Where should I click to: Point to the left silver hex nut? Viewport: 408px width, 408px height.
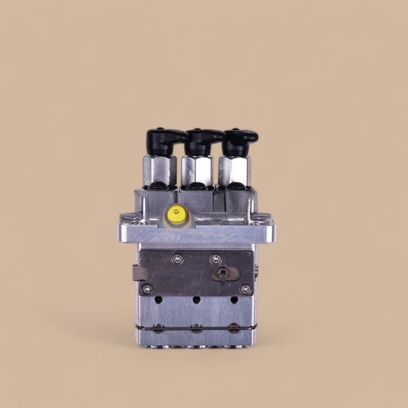(x=159, y=169)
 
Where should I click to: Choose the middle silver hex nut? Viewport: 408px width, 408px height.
(x=196, y=170)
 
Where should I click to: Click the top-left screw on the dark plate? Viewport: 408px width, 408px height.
(x=178, y=258)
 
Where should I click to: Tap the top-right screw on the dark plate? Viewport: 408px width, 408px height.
(x=216, y=258)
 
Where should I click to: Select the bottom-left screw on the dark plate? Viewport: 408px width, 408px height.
(x=147, y=288)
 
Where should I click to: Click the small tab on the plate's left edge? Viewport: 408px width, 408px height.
(x=136, y=273)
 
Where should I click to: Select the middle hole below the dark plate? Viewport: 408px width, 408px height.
(x=196, y=300)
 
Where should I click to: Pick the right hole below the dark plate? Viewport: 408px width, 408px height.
(x=234, y=300)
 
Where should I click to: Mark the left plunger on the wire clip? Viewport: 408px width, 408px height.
(x=159, y=328)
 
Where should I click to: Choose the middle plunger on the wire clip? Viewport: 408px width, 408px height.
(x=196, y=328)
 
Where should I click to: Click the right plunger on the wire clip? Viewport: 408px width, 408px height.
(x=234, y=328)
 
